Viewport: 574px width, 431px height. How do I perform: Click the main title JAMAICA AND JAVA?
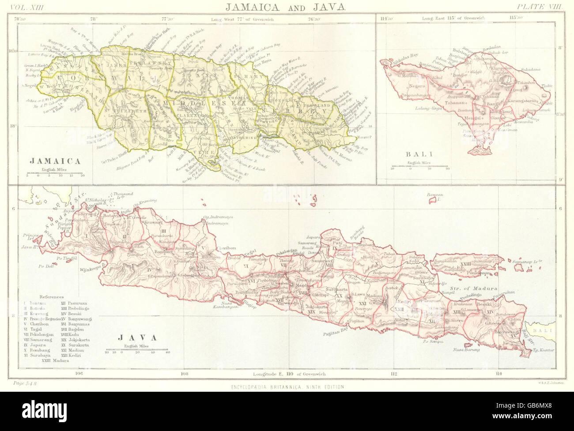[x=287, y=7]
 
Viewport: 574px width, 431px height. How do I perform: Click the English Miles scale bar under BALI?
[x=420, y=168]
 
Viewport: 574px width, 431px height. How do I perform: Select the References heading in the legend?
[x=52, y=298]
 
